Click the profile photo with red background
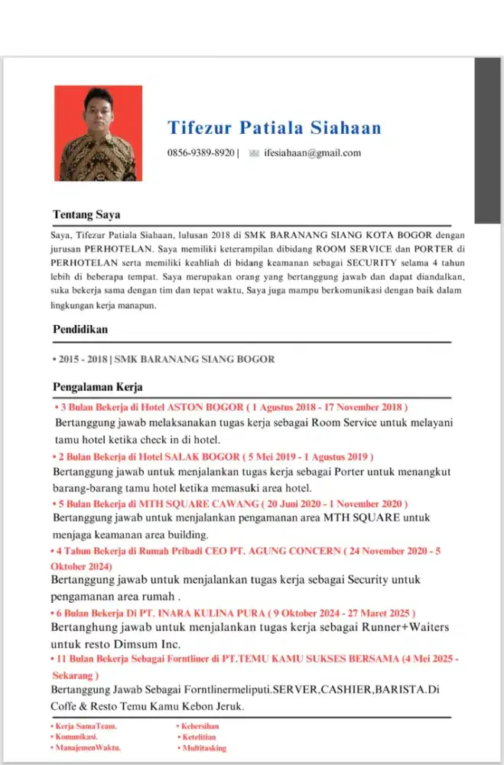click(x=98, y=133)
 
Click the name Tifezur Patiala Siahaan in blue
click(x=274, y=127)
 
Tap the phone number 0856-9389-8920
click(x=201, y=153)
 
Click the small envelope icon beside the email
click(x=254, y=153)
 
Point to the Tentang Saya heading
click(x=86, y=214)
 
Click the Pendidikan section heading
click(x=80, y=329)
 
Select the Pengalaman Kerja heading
click(x=98, y=387)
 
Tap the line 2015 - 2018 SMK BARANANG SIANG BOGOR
click(x=164, y=359)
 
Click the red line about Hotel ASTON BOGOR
click(x=231, y=406)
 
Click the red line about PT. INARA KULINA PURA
click(x=233, y=614)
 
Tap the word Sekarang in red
click(x=75, y=675)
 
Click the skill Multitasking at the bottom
click(x=203, y=747)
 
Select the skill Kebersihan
click(x=200, y=726)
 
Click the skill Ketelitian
click(x=199, y=737)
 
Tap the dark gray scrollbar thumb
click(x=487, y=140)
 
